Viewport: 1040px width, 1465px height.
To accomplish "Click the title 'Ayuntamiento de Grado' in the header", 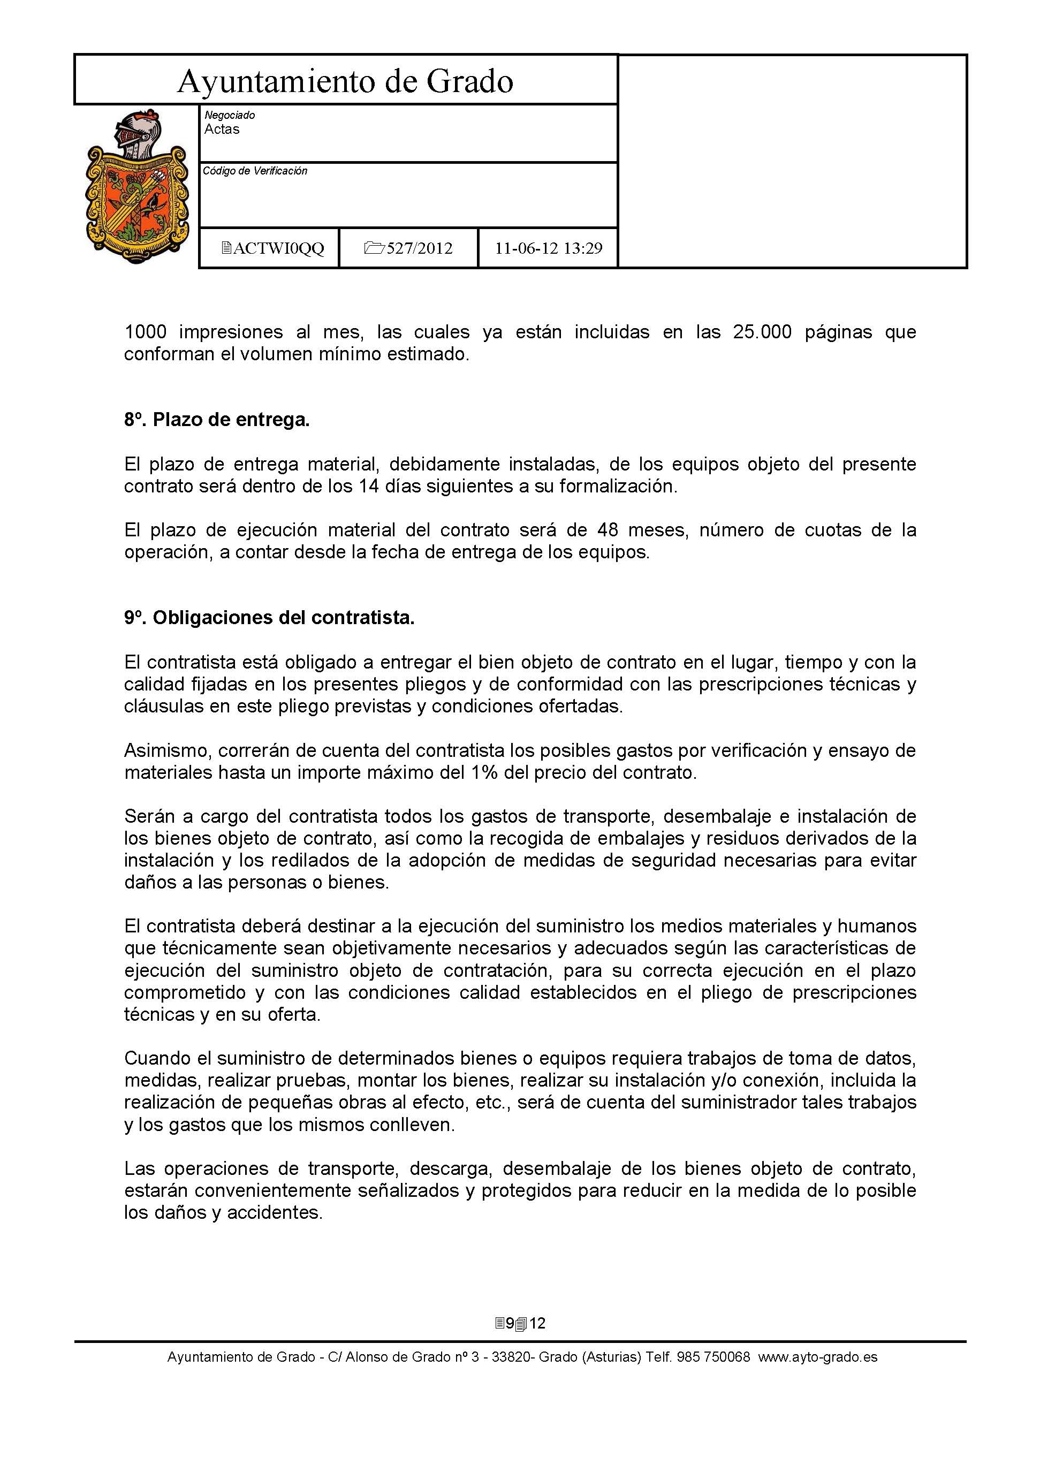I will point(345,82).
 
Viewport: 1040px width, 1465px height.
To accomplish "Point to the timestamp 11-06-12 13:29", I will point(548,248).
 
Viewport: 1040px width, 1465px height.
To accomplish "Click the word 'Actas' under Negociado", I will point(222,130).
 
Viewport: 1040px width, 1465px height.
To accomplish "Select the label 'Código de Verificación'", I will point(255,171).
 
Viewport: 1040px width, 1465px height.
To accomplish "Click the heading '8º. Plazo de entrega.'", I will point(217,420).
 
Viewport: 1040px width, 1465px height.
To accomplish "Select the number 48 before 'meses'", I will point(608,530).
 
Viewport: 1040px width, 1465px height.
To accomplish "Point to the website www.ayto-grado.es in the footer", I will point(818,1357).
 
